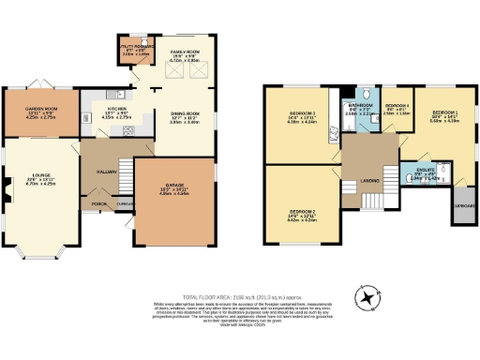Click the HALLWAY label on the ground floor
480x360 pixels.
pos(104,172)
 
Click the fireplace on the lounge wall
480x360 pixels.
pos(6,183)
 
